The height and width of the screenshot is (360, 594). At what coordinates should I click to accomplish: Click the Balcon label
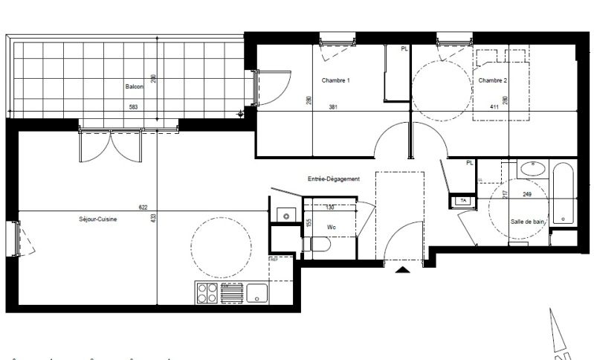tap(134, 86)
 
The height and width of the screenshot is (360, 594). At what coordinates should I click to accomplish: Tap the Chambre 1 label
tap(335, 80)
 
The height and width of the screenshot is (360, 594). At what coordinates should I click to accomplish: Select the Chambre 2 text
tap(493, 80)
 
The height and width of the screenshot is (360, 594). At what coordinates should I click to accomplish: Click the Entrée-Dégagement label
tap(334, 179)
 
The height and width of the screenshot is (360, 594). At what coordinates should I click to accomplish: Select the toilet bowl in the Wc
tap(320, 245)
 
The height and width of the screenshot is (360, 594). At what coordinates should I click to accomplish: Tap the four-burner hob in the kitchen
tap(207, 294)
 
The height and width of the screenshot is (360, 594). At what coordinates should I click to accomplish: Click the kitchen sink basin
tap(257, 293)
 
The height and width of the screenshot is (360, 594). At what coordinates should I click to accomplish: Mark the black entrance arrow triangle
tap(403, 271)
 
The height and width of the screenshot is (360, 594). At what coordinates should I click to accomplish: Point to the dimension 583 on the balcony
tap(134, 107)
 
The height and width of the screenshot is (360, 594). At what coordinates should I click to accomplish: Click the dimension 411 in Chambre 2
tap(493, 107)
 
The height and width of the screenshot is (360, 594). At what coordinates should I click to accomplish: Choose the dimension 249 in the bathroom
tap(527, 195)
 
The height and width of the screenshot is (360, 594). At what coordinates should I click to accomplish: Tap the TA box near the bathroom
tap(462, 201)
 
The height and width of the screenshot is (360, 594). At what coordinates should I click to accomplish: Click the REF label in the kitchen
tap(274, 259)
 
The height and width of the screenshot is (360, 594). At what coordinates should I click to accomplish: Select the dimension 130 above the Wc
tap(329, 208)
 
